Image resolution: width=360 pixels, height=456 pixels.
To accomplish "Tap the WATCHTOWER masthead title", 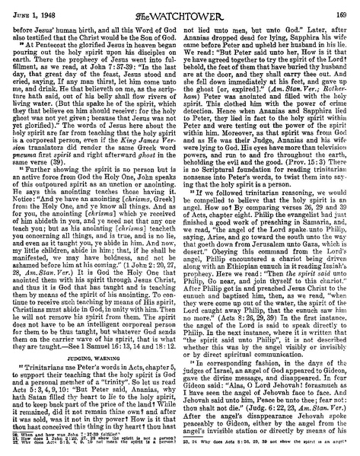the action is [x=180, y=9].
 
